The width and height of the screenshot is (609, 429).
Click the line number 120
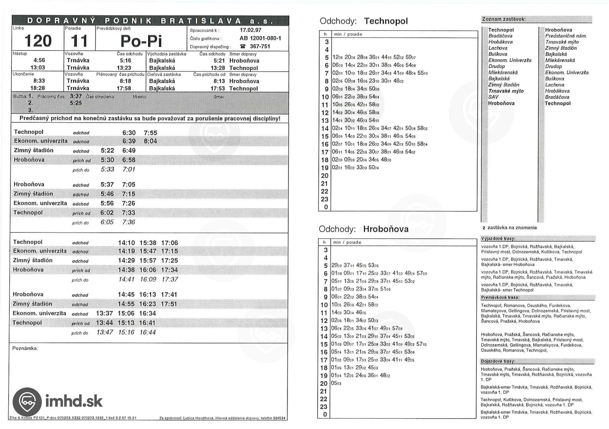coord(38,41)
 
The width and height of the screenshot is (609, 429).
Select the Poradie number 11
coord(79,41)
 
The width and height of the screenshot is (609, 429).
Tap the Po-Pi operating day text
coord(141,41)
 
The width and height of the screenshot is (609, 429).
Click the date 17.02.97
coord(251,30)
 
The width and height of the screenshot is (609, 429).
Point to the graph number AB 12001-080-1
coord(260,38)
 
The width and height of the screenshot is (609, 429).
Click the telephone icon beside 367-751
coord(243,46)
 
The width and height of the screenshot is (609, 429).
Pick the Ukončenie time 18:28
coord(38,88)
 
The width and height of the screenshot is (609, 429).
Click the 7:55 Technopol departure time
coord(150,133)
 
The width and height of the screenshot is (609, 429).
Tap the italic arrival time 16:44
coord(147,332)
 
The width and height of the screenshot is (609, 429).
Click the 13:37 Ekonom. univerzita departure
coord(104,313)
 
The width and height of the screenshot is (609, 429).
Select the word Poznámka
coord(25,348)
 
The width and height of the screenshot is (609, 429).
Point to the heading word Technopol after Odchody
coord(386,21)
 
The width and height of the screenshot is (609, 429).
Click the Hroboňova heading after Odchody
coord(386,229)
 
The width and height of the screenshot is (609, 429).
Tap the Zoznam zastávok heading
coord(503,19)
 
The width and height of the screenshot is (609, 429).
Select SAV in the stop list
coord(493,97)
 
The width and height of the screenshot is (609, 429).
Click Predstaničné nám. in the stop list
coord(566,36)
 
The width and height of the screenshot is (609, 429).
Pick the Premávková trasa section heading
coord(500,298)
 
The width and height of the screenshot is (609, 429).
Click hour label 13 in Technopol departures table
coord(324,121)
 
